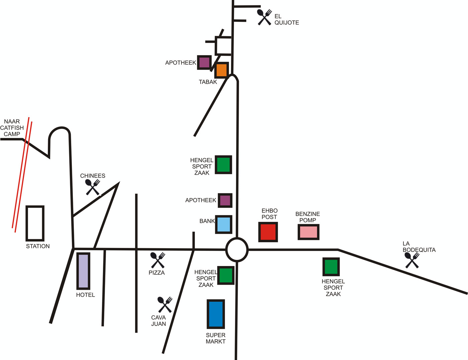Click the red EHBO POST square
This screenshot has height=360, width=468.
[x=268, y=232]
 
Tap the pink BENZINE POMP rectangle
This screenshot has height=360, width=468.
[x=309, y=232]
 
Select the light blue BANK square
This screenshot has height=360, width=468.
[x=224, y=224]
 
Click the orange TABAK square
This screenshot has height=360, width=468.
[x=222, y=70]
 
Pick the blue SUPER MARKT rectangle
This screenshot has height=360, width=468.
[x=216, y=314]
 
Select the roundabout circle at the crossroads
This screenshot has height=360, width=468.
[x=237, y=239]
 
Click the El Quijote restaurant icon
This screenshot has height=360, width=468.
[x=264, y=17]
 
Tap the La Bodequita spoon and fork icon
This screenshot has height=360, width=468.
[x=412, y=260]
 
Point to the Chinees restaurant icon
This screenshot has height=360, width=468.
[x=93, y=187]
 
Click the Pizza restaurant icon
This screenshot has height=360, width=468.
[x=158, y=260]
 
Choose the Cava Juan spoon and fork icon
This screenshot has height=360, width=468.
[x=165, y=304]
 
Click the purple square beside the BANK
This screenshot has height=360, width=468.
[x=225, y=200]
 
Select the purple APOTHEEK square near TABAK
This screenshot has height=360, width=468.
[x=204, y=63]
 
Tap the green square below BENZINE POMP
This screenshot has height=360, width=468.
[x=331, y=267]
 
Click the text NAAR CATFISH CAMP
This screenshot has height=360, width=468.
[x=12, y=127]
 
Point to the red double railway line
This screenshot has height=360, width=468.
[x=22, y=175]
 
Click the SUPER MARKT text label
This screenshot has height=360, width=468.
[x=216, y=338]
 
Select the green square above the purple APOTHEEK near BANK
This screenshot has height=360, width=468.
[x=224, y=165]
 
